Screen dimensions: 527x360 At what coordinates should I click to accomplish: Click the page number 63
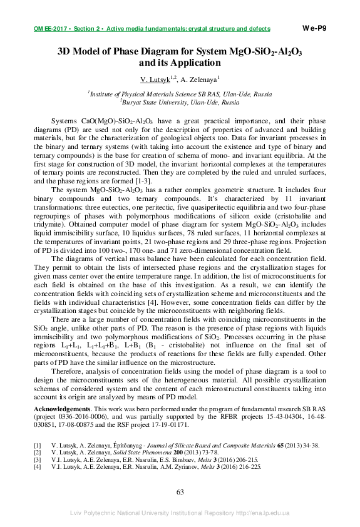point(180,492)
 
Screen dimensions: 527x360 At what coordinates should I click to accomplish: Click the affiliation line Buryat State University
point(180,101)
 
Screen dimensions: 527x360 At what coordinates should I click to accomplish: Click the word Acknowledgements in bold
point(60,409)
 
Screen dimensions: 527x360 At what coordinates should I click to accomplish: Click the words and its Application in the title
point(180,63)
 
